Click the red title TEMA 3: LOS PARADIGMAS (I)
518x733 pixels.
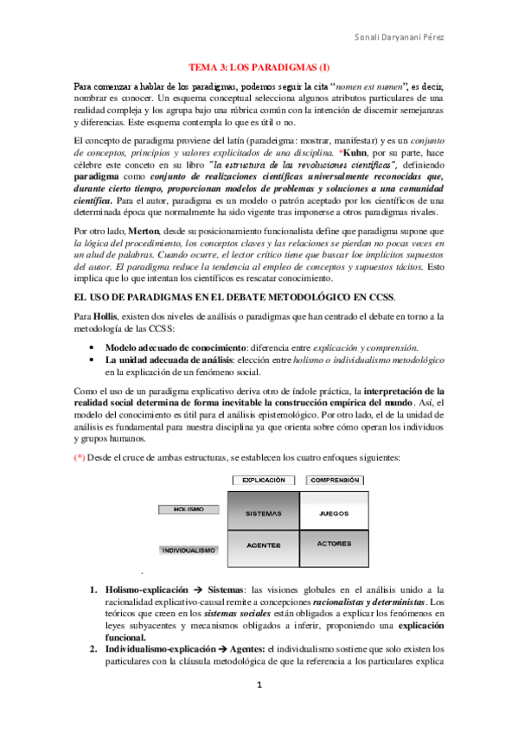[x=259, y=67]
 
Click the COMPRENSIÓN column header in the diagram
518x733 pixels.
[x=334, y=480]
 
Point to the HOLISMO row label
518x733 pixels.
[x=189, y=510]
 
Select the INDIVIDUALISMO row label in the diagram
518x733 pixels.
[x=189, y=549]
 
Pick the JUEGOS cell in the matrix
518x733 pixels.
[x=334, y=513]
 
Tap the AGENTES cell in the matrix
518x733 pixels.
[x=263, y=546]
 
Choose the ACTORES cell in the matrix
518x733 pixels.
[x=334, y=545]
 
